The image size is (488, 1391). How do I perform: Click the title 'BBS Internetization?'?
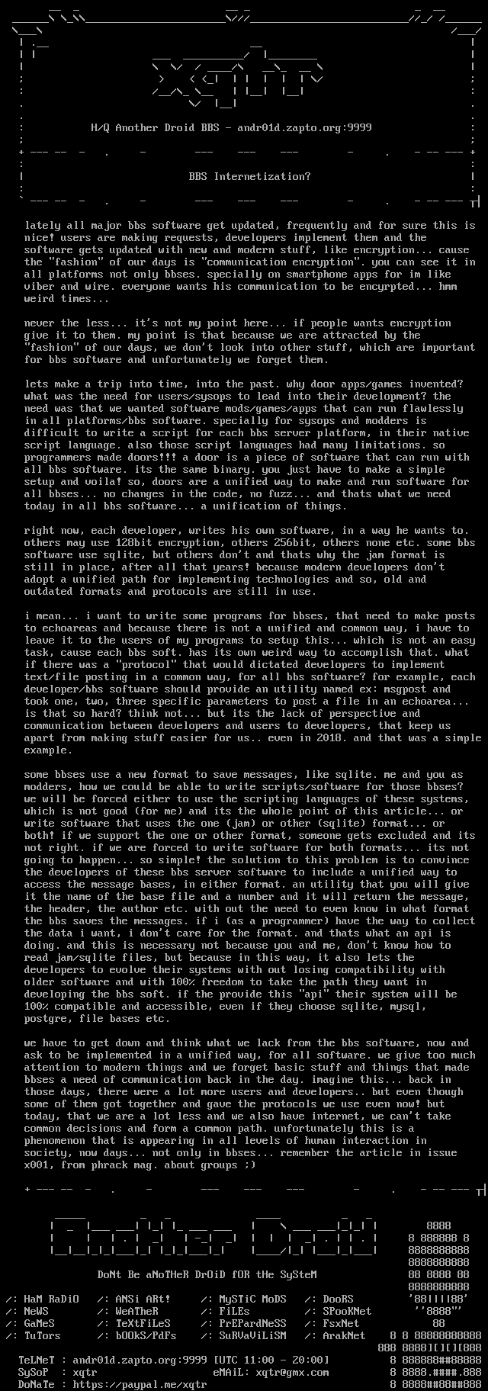[249, 176]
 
